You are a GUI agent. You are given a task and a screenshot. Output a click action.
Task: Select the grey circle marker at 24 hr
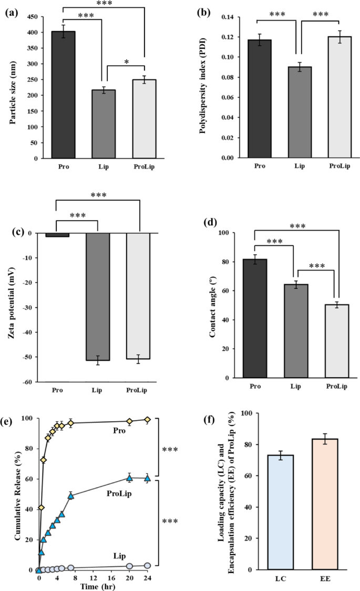[x=148, y=565]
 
